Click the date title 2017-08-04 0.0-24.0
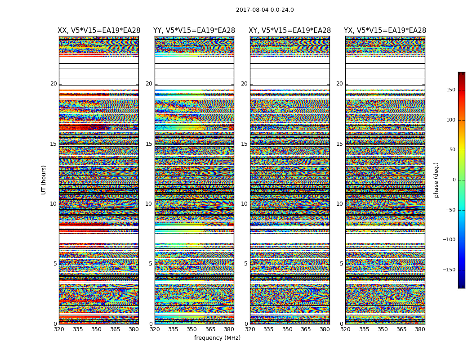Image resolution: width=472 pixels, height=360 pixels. tap(265, 10)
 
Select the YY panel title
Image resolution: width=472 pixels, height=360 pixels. tap(194, 31)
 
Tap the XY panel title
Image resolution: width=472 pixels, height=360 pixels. tap(290, 31)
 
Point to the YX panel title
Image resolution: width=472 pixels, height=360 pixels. tap(385, 31)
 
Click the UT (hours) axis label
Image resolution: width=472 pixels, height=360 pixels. tap(44, 180)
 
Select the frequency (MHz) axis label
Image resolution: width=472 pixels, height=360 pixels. tap(217, 338)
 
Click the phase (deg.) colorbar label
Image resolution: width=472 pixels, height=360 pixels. tap(436, 180)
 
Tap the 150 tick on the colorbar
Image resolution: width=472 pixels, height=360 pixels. tap(450, 90)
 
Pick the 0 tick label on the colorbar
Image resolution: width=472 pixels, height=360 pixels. tap(454, 180)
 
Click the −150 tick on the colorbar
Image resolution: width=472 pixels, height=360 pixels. tap(448, 270)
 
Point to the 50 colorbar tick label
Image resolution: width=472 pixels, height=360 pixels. tap(451, 150)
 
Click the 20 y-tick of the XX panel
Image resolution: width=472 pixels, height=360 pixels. tap(53, 84)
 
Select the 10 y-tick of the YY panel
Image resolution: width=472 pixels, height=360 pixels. tap(149, 204)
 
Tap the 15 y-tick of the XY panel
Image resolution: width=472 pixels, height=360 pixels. tap(244, 144)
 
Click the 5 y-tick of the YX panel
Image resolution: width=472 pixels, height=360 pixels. tap(341, 264)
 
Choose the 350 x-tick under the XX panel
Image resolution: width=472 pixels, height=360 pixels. tap(97, 329)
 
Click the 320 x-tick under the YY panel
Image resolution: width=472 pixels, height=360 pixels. tap(155, 329)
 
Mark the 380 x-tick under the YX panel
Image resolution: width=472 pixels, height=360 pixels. tap(420, 329)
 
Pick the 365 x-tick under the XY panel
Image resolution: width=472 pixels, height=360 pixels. tap(306, 329)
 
